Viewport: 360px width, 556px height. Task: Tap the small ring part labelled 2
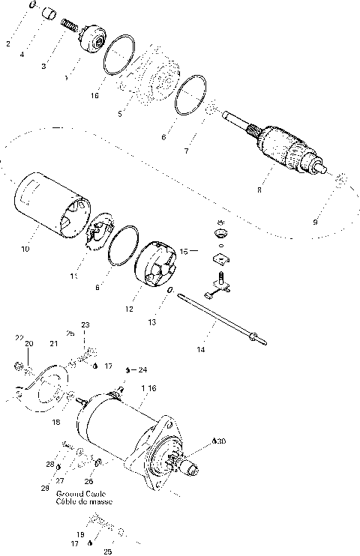32,6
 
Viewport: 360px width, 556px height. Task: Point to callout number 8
259,190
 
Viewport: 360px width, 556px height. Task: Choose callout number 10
25,249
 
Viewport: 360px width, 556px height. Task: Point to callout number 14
200,349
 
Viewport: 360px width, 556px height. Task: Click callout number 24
142,369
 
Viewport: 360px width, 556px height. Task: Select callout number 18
55,422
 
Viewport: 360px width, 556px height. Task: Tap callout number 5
121,114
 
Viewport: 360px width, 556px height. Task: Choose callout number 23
85,324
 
